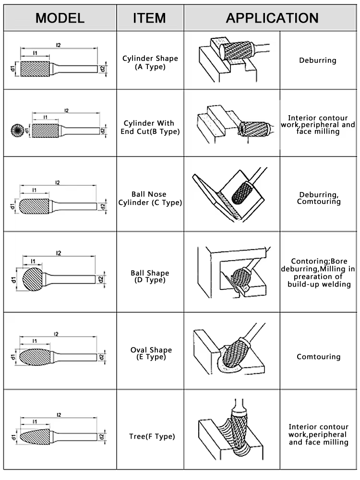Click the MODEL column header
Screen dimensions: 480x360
click(x=60, y=18)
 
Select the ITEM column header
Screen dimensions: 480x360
click(x=149, y=18)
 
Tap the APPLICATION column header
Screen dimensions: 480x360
click(x=272, y=18)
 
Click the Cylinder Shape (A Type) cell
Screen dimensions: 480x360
click(x=150, y=62)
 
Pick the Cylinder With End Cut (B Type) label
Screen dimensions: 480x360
click(x=150, y=127)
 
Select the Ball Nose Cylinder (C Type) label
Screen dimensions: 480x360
click(x=150, y=198)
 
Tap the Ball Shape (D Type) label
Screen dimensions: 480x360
click(x=150, y=276)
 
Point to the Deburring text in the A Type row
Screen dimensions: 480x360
click(x=317, y=60)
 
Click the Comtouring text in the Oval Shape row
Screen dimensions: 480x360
click(x=318, y=357)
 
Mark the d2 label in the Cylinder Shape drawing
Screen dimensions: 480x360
click(x=102, y=69)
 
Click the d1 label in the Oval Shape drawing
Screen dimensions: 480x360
click(x=12, y=357)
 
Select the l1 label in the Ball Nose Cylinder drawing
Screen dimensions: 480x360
click(x=34, y=190)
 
